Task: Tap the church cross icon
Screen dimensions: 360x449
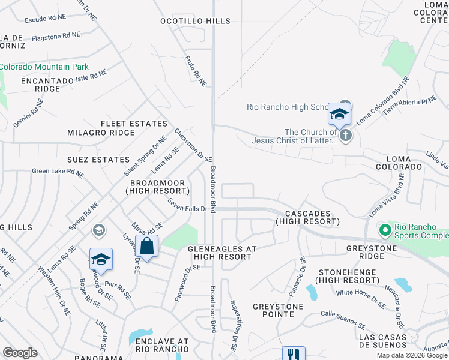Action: click(345, 136)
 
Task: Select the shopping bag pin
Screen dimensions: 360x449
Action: click(147, 245)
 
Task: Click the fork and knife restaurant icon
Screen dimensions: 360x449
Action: click(294, 354)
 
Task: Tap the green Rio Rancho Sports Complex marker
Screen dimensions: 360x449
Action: click(384, 230)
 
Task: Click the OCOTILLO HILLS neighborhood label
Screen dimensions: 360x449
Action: click(195, 21)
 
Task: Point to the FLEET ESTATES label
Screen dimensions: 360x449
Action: click(134, 124)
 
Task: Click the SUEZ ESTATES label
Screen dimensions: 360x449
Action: click(99, 160)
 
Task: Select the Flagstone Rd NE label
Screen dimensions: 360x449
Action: click(56, 37)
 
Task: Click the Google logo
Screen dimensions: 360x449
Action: click(20, 353)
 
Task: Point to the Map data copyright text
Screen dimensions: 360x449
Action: click(412, 355)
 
